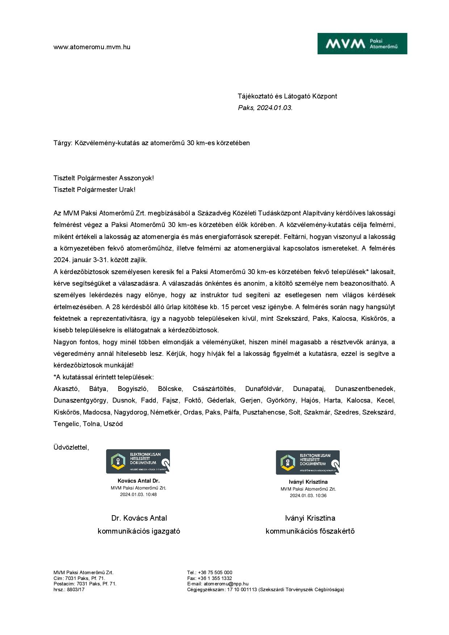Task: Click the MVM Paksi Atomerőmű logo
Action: pyautogui.click(x=362, y=44)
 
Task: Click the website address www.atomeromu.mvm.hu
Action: pyautogui.click(x=92, y=47)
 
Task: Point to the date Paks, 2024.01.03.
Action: pyautogui.click(x=265, y=108)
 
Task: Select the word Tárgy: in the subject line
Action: pyautogui.click(x=63, y=143)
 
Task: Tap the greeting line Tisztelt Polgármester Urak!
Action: pyautogui.click(x=94, y=190)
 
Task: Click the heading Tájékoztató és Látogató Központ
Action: pyautogui.click(x=287, y=96)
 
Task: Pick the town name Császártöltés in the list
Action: pyautogui.click(x=214, y=389)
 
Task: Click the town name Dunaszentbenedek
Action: pyautogui.click(x=365, y=389)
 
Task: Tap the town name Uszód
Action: pyautogui.click(x=113, y=424)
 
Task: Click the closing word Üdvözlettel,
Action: pyautogui.click(x=71, y=447)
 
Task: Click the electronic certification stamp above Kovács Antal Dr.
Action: pyautogui.click(x=138, y=461)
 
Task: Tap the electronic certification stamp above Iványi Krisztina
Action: pyautogui.click(x=308, y=462)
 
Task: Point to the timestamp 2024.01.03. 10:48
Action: pyautogui.click(x=138, y=495)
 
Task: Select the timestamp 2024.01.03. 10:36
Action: pyautogui.click(x=308, y=496)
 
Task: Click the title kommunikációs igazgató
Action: pyautogui.click(x=139, y=531)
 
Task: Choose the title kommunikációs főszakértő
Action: pyautogui.click(x=310, y=531)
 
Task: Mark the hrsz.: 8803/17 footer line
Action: pyautogui.click(x=69, y=589)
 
